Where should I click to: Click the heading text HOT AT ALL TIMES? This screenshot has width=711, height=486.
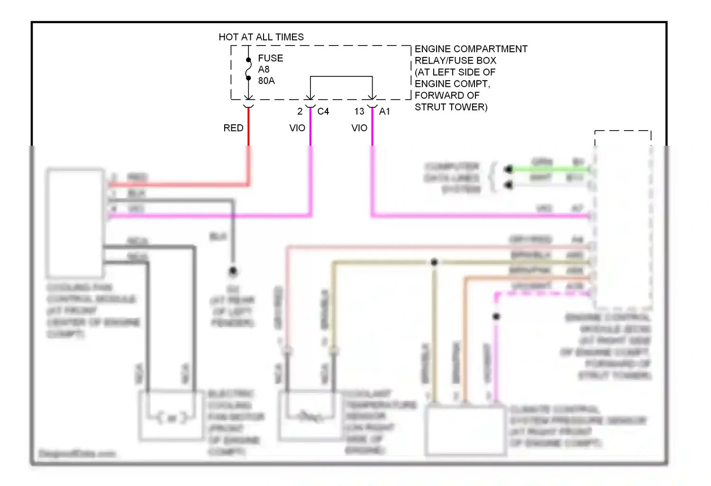pos(261,37)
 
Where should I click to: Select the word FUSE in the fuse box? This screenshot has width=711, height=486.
pos(270,58)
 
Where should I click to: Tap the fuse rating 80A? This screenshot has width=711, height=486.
pos(266,81)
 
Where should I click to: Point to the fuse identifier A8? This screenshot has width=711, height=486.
pos(264,70)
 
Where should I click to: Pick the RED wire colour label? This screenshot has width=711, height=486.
pos(233,128)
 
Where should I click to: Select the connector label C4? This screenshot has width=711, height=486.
pos(323,112)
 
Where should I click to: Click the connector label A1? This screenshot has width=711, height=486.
pos(384,112)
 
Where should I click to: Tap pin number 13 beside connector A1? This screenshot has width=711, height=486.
pos(359,112)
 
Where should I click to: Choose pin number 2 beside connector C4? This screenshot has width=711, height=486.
pos(300,112)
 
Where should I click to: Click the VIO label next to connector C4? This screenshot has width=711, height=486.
pos(297,128)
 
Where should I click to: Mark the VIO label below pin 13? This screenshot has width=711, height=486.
pos(359,128)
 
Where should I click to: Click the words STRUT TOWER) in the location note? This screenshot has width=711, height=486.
pos(451,107)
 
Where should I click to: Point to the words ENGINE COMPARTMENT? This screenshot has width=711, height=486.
pos(471,49)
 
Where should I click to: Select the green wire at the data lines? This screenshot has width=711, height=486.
pos(550,168)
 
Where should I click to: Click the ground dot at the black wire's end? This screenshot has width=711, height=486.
pos(233,271)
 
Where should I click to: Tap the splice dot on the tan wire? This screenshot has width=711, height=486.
pos(434,262)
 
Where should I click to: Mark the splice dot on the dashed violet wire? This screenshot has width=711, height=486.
pos(496,316)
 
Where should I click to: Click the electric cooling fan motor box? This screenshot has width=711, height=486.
pos(171,416)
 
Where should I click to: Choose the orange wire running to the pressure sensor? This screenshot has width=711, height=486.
pos(465,332)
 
